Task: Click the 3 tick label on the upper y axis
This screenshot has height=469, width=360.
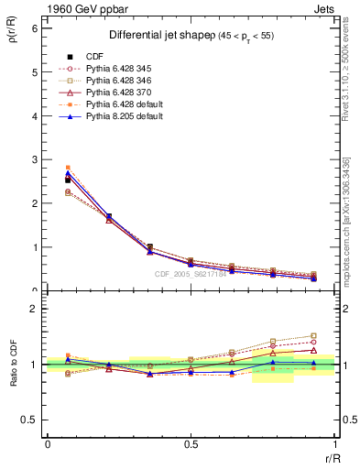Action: click(x=36, y=159)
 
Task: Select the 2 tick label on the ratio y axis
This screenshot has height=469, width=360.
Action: click(x=36, y=309)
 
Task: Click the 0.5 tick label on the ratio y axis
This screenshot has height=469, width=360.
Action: click(x=32, y=420)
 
